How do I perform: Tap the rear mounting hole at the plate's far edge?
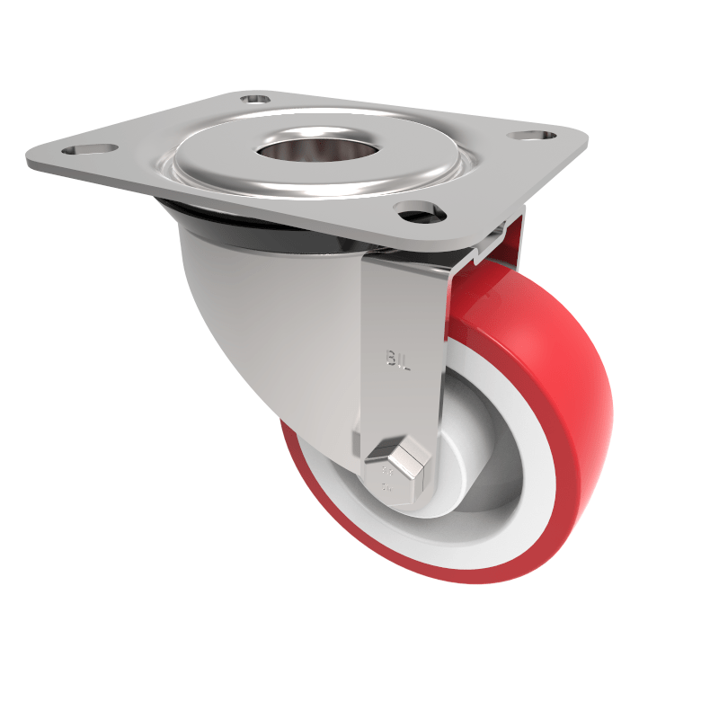tap(255, 97)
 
